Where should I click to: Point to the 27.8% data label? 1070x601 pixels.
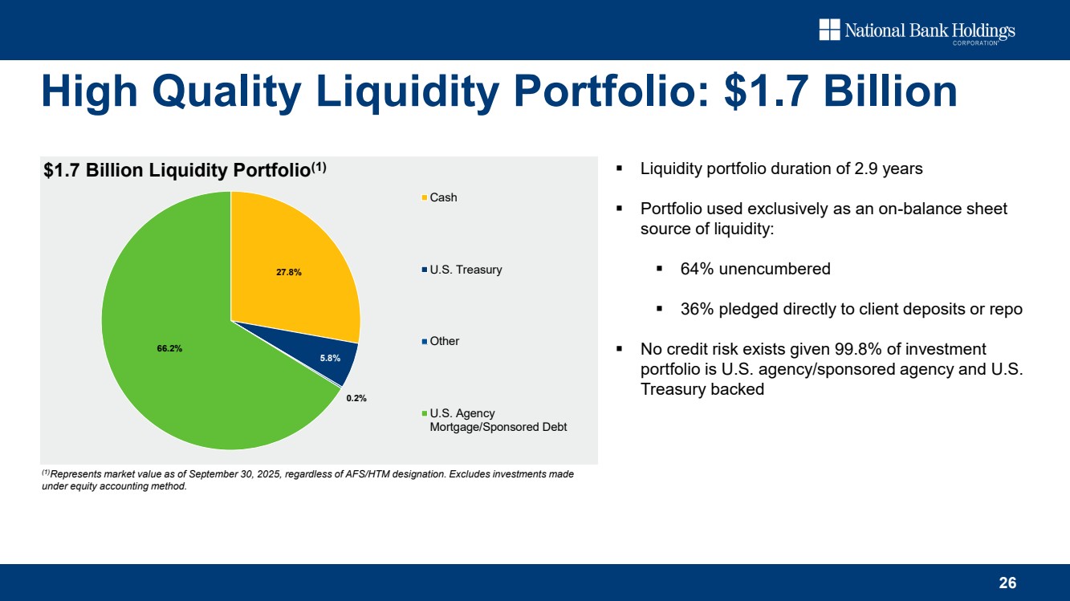click(289, 272)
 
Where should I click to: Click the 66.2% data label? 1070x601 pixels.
click(169, 348)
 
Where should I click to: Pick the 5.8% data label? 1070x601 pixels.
click(330, 358)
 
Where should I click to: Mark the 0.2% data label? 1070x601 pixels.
click(356, 398)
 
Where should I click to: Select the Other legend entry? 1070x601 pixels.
click(444, 341)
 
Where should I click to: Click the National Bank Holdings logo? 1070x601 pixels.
click(917, 31)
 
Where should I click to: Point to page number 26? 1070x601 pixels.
click(1007, 583)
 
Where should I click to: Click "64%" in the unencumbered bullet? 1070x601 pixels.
click(697, 269)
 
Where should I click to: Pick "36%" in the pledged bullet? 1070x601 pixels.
click(697, 309)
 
